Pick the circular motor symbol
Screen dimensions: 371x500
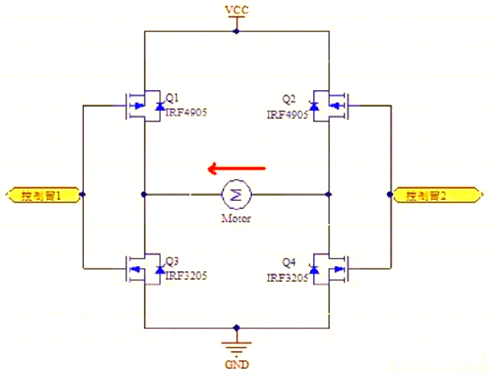coord(237,193)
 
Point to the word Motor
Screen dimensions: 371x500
coord(237,216)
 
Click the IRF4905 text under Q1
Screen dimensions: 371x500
coord(186,113)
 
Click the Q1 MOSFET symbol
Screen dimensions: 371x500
coord(140,104)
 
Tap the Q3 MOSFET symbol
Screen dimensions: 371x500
coord(140,268)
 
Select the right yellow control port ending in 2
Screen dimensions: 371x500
coord(429,196)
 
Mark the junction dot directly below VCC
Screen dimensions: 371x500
coord(237,31)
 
